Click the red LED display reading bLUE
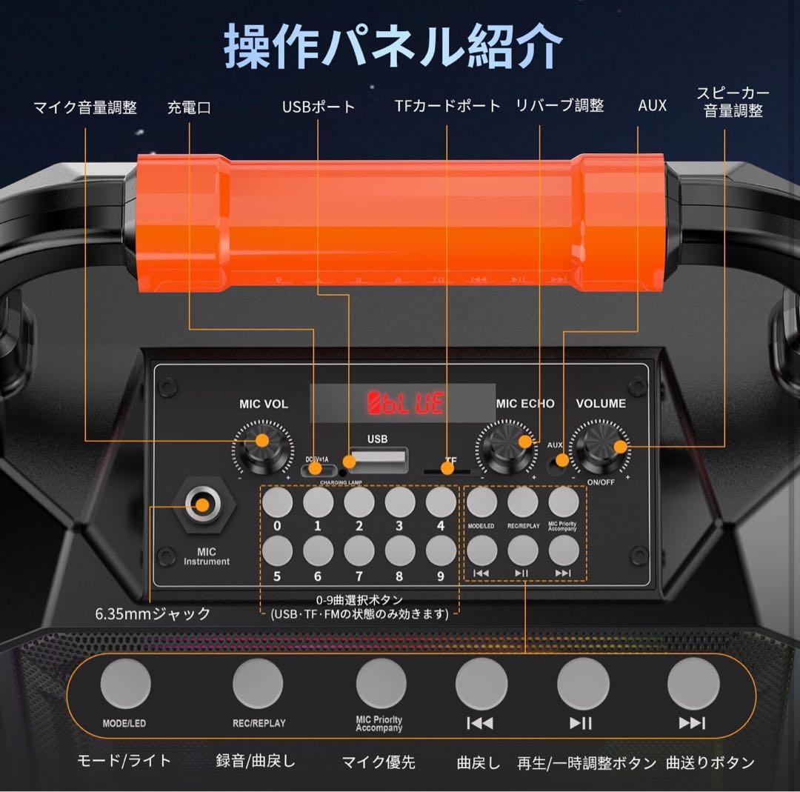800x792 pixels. (407, 403)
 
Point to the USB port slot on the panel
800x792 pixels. (379, 460)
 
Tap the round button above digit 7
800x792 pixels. (359, 549)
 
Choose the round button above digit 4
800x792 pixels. (441, 503)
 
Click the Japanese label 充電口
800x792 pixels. (189, 107)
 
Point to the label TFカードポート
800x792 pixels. (447, 106)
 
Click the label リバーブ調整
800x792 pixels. (559, 106)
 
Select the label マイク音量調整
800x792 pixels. (85, 107)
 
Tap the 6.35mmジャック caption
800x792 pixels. (153, 613)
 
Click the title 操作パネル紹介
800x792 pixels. (393, 46)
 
